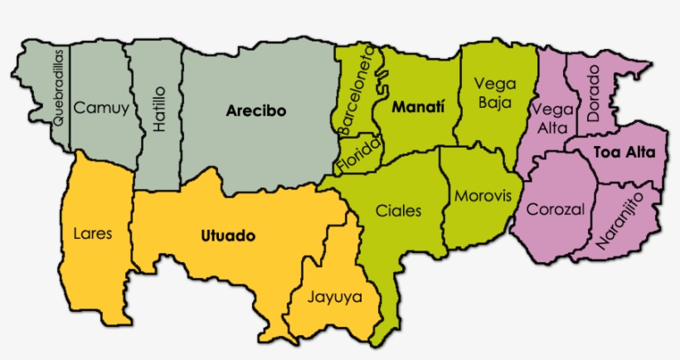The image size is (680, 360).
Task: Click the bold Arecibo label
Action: coord(255,109)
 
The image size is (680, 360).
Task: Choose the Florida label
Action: coord(358,154)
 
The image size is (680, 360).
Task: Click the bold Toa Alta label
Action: coord(624,153)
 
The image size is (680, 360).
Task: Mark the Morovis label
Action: coord(483,197)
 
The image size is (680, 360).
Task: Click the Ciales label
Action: coord(398,211)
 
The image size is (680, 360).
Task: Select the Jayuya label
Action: coord(335,296)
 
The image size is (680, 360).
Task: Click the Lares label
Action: coord(92,233)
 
